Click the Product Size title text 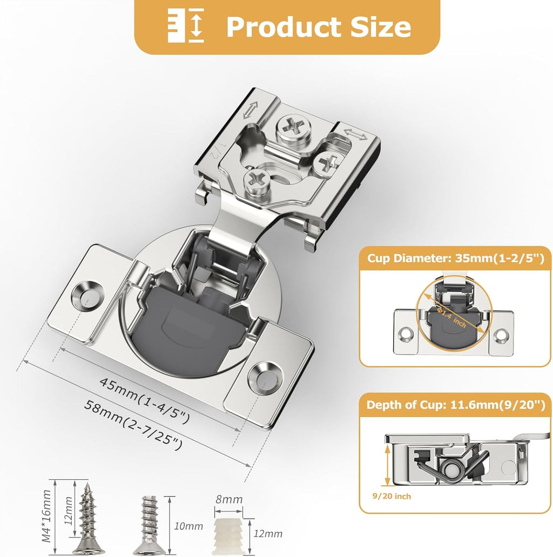(x=319, y=26)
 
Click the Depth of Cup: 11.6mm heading (x=456, y=404)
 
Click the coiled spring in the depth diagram (x=448, y=466)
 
